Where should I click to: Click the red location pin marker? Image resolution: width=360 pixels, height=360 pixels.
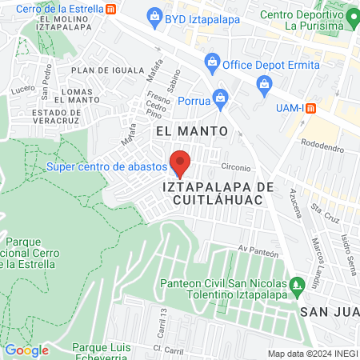tap(181, 162)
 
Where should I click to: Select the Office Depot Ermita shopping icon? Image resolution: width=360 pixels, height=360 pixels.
tap(212, 61)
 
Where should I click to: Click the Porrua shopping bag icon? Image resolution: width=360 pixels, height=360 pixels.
tap(222, 99)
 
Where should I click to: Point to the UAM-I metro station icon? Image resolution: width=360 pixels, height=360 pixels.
tap(312, 107)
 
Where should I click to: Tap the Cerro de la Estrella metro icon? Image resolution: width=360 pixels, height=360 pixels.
tap(110, 9)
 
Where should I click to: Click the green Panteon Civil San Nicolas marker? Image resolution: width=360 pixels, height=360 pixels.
tap(298, 285)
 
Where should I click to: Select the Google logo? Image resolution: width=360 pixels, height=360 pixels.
tap(26, 350)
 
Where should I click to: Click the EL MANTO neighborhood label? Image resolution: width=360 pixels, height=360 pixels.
tap(192, 130)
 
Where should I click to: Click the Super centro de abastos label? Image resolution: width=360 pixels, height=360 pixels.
tap(106, 166)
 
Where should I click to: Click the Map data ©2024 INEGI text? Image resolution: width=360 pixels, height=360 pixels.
tap(312, 354)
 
